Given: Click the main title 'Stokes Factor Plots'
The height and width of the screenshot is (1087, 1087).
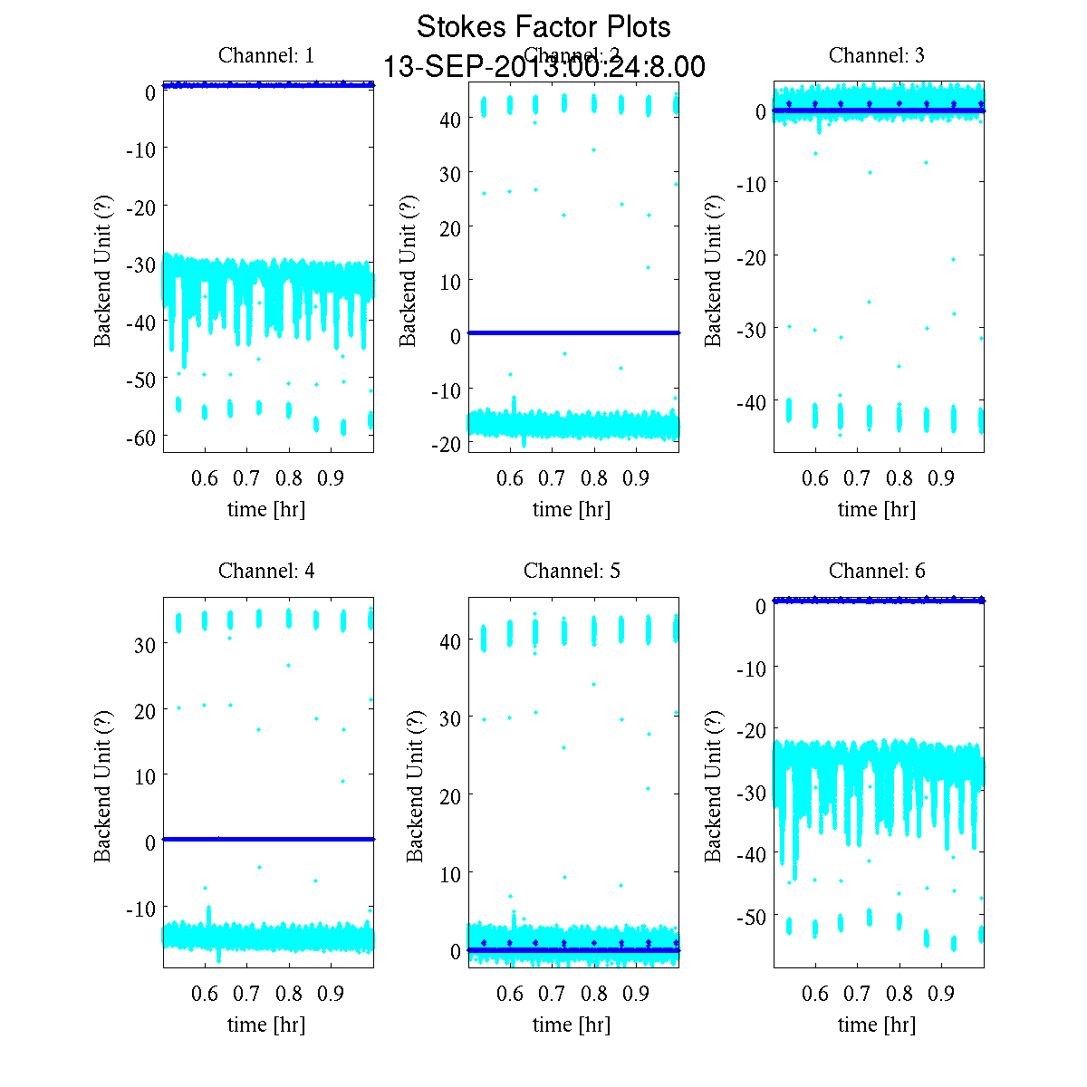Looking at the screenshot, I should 543,27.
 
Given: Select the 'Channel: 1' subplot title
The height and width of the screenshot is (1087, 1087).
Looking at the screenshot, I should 266,55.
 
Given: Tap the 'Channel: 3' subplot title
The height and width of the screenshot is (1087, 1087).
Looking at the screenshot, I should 877,55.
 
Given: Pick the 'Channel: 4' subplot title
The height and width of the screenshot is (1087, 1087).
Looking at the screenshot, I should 266,571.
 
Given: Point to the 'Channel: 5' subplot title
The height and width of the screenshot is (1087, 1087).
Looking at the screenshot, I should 572,571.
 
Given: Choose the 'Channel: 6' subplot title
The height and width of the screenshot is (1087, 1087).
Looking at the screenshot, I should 877,571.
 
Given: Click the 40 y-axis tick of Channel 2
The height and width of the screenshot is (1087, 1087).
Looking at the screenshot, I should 450,119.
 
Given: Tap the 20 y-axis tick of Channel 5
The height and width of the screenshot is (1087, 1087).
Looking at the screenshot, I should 450,795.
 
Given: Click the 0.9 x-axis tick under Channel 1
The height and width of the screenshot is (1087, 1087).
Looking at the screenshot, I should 332,478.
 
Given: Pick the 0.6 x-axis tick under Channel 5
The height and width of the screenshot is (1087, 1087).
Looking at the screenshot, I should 510,994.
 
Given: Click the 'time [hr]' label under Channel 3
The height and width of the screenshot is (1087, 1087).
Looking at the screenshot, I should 877,509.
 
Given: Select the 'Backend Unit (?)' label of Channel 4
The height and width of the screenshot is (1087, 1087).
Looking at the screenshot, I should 102,786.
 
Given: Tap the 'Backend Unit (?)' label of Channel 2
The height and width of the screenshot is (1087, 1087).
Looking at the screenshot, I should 408,271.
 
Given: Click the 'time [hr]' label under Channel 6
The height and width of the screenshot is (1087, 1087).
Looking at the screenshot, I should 877,1024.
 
